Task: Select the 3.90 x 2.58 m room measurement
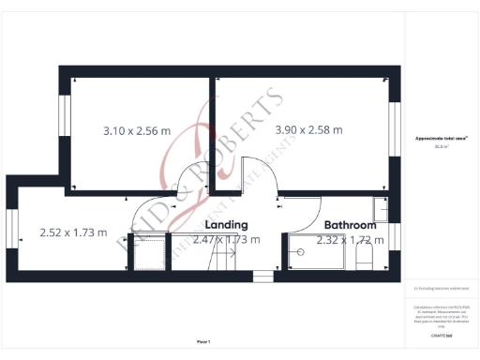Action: pyautogui.click(x=308, y=129)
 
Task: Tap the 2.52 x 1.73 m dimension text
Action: pyautogui.click(x=73, y=232)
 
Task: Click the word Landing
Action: pyautogui.click(x=226, y=225)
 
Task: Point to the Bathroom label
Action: pyautogui.click(x=351, y=225)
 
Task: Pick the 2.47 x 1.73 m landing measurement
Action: pyautogui.click(x=226, y=240)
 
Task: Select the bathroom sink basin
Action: pyautogui.click(x=381, y=207)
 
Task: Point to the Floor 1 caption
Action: pyautogui.click(x=204, y=341)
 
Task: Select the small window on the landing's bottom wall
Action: pyautogui.click(x=261, y=276)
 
